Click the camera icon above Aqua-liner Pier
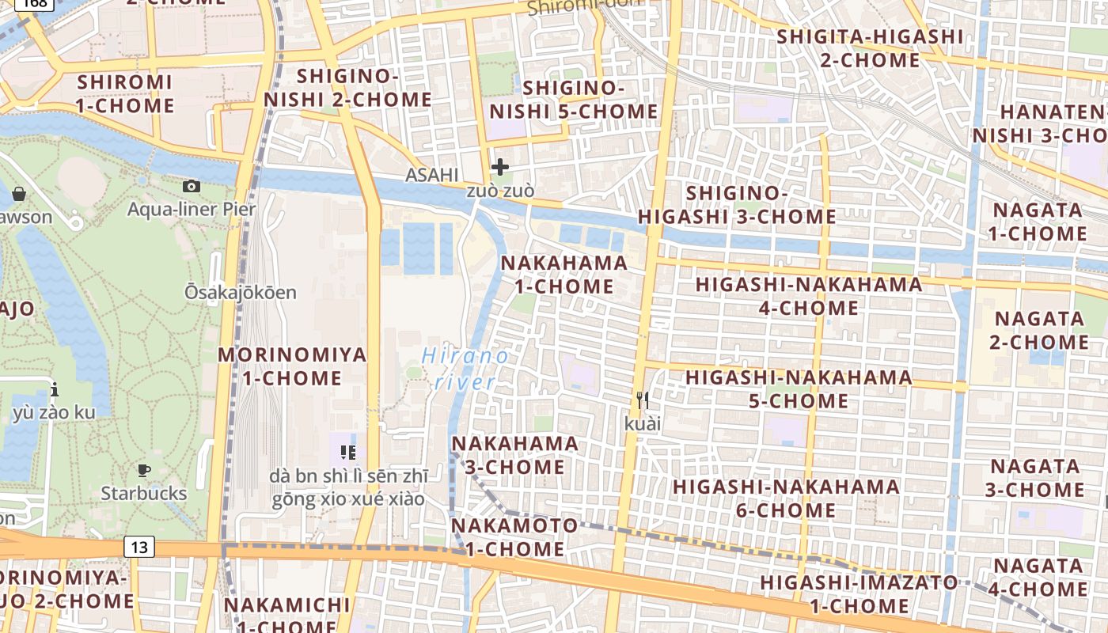191,187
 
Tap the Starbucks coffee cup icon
143,471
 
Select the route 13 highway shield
138,546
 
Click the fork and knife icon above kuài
642,400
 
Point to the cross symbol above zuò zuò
499,167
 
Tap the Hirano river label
465,369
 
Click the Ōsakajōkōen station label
241,292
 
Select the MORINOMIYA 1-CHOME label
292,366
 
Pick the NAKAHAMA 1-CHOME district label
564,274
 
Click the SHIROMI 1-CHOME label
125,93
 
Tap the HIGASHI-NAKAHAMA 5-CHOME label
799,389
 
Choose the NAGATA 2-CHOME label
1039,330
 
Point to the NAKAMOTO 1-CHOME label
514,536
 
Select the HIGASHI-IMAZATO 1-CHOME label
859,594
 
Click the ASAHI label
431,175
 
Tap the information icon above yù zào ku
54,389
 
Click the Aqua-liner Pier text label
192,209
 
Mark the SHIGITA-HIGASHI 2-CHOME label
870,48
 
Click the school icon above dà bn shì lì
347,452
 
